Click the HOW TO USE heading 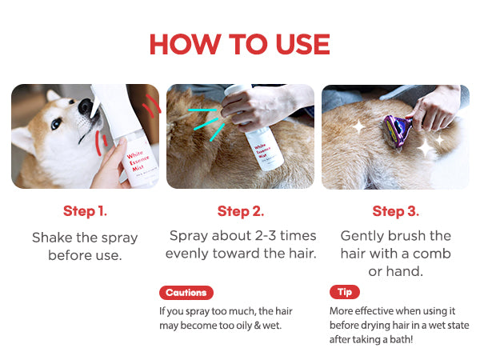click(x=240, y=44)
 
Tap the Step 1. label click(x=85, y=211)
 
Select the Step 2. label click(x=241, y=211)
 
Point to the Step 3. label click(x=395, y=211)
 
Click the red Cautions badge click(x=186, y=293)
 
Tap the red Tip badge click(x=345, y=292)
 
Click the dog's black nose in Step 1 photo click(x=86, y=106)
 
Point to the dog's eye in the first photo click(x=56, y=123)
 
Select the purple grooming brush click(x=398, y=130)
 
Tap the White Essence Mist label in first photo click(x=138, y=161)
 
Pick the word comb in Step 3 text click(x=432, y=254)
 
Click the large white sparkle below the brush click(x=426, y=148)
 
